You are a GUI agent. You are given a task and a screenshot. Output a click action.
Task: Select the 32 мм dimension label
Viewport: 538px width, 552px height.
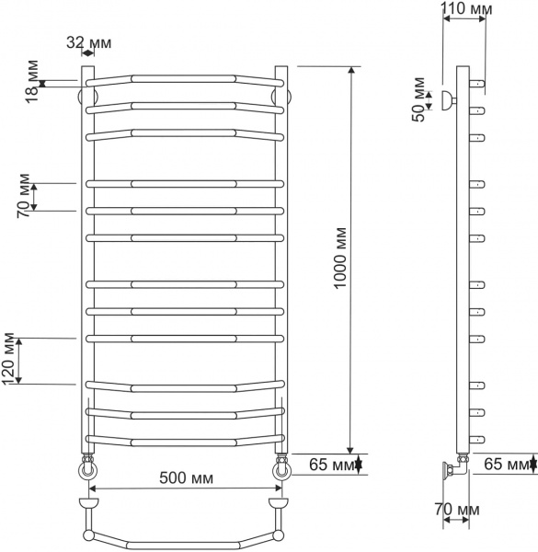(x=89, y=42)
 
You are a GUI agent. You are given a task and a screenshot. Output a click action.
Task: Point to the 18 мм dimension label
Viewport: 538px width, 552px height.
(x=32, y=81)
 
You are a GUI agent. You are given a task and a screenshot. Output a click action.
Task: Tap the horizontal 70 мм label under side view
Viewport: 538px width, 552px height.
(x=457, y=509)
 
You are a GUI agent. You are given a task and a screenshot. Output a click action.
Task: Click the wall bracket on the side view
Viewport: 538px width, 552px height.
(x=447, y=101)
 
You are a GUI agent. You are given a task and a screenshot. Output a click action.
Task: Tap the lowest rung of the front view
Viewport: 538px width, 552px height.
(x=184, y=437)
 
